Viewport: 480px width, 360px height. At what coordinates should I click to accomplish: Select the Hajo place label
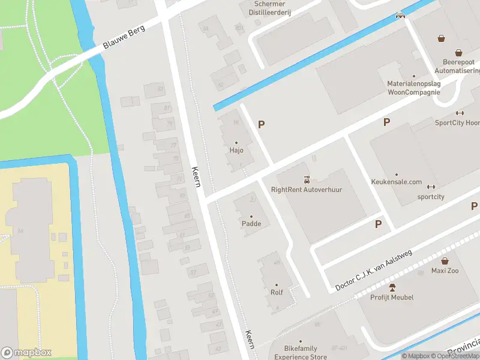(236, 151)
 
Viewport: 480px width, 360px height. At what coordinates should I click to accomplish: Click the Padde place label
(251, 224)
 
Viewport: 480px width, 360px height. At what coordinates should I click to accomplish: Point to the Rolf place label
(276, 292)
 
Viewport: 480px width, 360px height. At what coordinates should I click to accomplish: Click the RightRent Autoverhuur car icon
(307, 179)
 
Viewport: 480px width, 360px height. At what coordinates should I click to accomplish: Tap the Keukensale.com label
(397, 182)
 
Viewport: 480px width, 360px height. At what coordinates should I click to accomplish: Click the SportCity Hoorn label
(457, 122)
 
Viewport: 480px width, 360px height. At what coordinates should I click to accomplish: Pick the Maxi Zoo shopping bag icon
(445, 261)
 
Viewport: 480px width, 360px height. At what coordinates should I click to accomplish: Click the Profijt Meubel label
(392, 297)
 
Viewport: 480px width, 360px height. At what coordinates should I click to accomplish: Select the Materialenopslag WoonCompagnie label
(413, 88)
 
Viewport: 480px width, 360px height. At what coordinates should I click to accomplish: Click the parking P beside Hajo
(261, 124)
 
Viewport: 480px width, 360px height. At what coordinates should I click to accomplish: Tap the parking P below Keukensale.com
(378, 224)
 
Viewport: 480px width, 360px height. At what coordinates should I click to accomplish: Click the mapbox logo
(26, 352)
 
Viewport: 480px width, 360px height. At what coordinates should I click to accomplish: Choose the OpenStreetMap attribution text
(455, 356)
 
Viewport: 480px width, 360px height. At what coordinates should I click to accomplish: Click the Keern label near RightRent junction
(196, 177)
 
